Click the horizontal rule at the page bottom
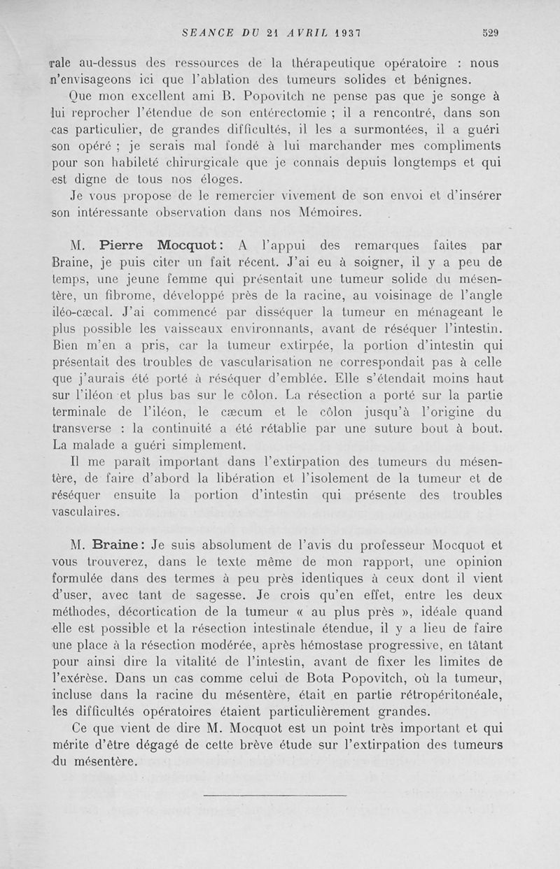point(275,795)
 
